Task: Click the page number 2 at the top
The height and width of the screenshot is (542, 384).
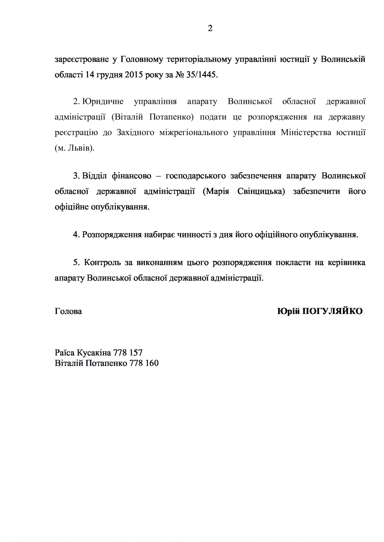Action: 210,29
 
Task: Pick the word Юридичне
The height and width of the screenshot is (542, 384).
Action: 103,102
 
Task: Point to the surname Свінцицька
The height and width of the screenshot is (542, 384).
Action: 261,191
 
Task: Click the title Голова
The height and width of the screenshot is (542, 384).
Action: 68,311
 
